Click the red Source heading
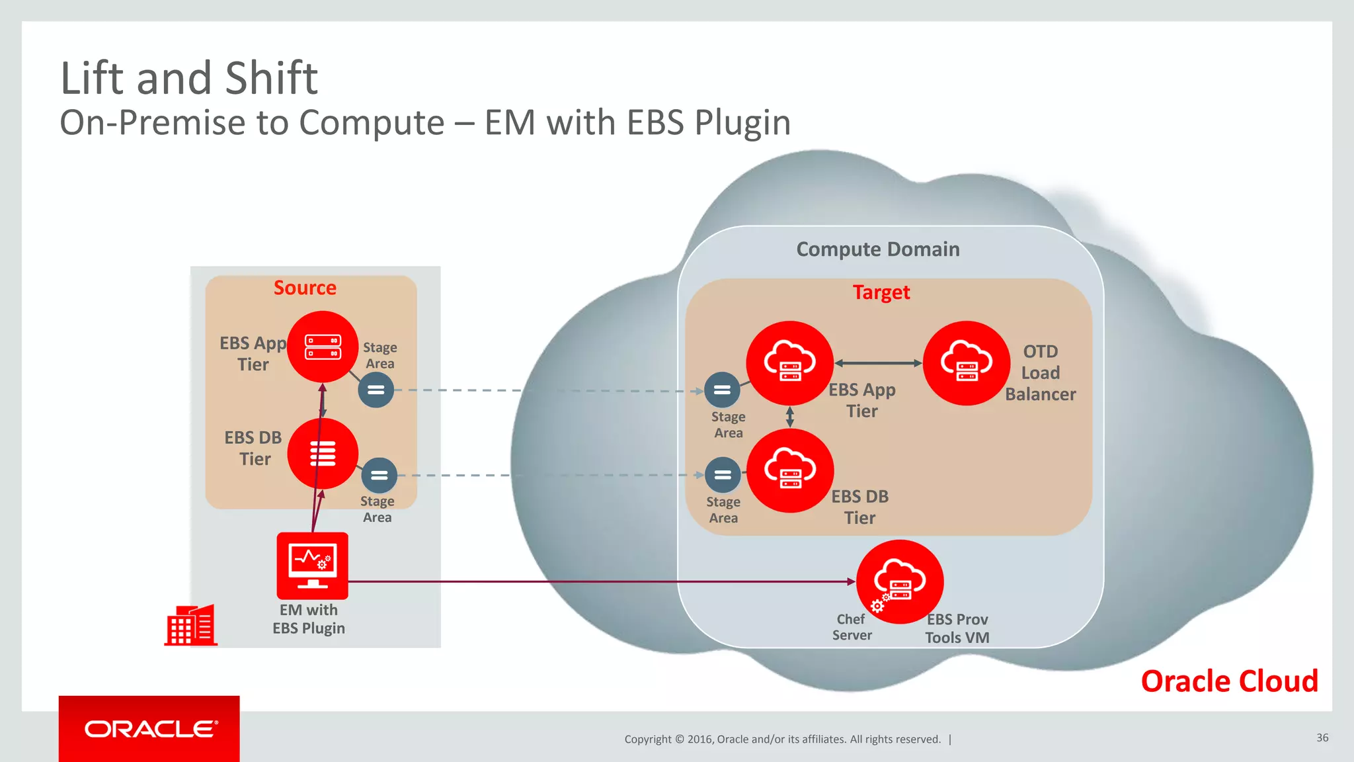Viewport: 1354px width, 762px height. (x=305, y=288)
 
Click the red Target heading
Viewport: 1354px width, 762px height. (x=881, y=292)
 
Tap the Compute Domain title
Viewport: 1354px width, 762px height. (x=877, y=249)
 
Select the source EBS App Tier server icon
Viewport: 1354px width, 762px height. (x=323, y=347)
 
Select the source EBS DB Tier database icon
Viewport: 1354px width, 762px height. (x=323, y=454)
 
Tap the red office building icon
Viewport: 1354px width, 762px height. (x=191, y=625)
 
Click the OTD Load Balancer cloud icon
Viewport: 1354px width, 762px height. (x=966, y=363)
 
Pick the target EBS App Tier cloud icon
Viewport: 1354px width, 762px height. (x=789, y=363)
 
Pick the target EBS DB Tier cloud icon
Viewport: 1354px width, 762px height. (x=789, y=470)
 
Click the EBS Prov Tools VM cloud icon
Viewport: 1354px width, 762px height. (x=899, y=581)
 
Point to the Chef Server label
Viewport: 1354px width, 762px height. (x=852, y=627)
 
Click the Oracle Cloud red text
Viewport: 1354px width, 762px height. (x=1229, y=681)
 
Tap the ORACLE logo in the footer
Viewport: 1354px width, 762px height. (x=150, y=729)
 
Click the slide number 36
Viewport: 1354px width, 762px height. (x=1322, y=738)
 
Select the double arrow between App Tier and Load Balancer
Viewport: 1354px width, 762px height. (x=878, y=363)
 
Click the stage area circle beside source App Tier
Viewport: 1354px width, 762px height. (x=376, y=390)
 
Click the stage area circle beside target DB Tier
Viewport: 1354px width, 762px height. (x=723, y=475)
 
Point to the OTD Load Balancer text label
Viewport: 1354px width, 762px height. (x=1040, y=373)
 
